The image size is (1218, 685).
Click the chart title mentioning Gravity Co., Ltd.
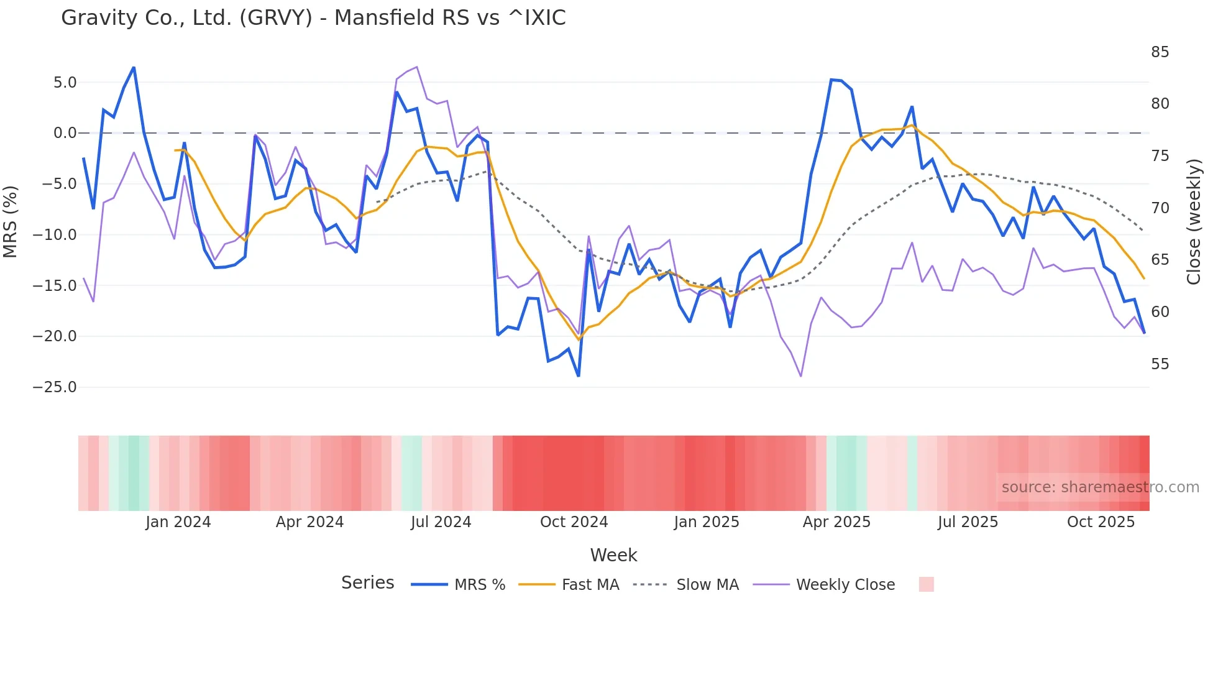pos(313,18)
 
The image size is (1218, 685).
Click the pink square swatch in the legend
pos(926,584)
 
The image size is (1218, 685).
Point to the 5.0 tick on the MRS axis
pos(65,83)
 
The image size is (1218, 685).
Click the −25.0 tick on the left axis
pos(55,387)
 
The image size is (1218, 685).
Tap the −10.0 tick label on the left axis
pos(55,235)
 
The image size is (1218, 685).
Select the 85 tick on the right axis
pos(1160,52)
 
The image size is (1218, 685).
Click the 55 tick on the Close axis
pos(1160,364)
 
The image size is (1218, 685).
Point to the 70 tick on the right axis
pos(1160,208)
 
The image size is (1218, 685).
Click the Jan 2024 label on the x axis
pos(178,522)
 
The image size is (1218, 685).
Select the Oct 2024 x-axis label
pos(574,522)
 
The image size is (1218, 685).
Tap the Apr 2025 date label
pos(836,522)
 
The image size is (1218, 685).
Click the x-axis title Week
pos(613,555)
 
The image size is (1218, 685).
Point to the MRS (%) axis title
pos(11,221)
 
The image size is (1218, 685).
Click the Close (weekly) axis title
pos(1194,222)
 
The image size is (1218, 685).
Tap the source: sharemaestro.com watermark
pos(1100,487)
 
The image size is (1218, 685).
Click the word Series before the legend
pos(367,583)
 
